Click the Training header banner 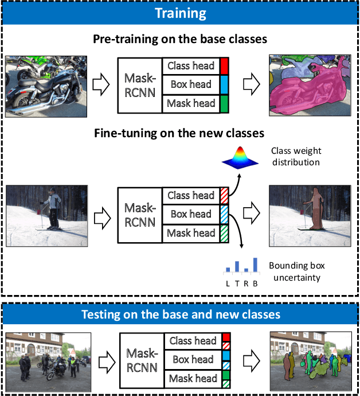tap(180, 13)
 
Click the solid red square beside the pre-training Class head tap(224, 66)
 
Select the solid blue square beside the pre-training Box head tap(224, 85)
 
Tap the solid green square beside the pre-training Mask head tap(224, 104)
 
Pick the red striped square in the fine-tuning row tap(224, 196)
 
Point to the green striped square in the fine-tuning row tap(224, 234)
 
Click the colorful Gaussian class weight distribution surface tap(240, 158)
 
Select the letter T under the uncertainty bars tap(237, 284)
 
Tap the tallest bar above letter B tap(255, 265)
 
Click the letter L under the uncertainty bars tap(228, 284)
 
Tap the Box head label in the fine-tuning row tap(191, 214)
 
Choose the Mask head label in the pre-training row tap(191, 103)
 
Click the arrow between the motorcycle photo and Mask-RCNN tap(101, 84)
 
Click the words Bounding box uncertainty tap(297, 271)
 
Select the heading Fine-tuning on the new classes tap(179, 133)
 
